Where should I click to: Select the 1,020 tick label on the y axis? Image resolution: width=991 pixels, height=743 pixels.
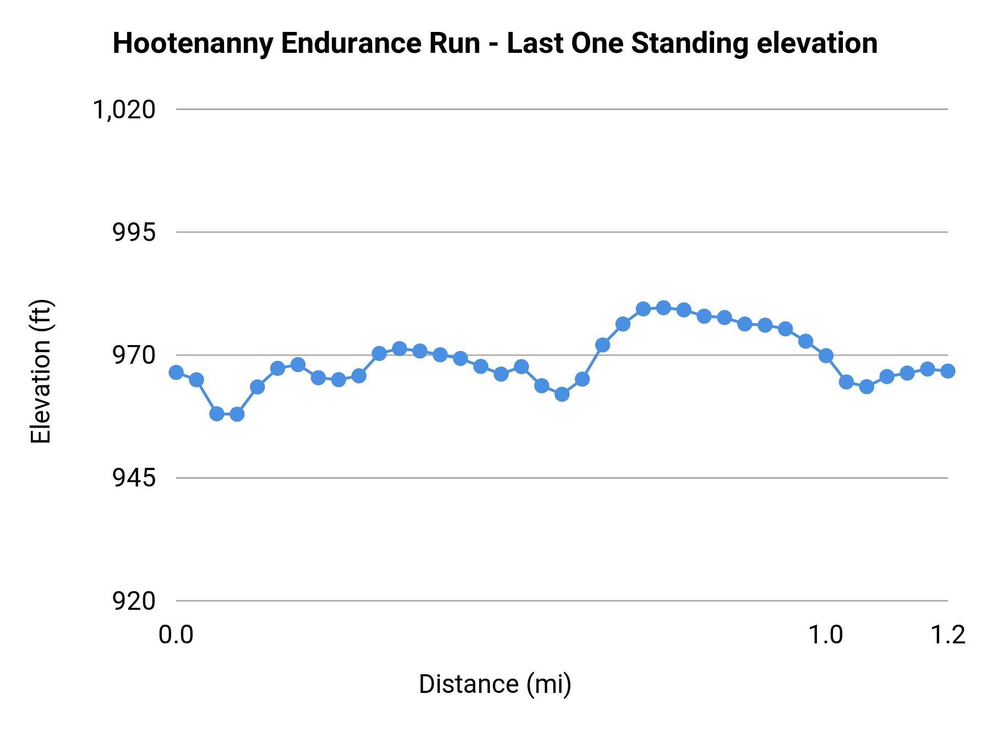click(124, 110)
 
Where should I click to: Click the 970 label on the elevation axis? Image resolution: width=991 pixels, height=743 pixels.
click(134, 356)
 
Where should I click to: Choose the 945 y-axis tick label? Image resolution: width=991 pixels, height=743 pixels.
click(134, 478)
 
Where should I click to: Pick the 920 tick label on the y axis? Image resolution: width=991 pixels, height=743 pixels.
click(134, 601)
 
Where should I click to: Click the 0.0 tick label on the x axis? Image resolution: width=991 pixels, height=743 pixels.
click(176, 635)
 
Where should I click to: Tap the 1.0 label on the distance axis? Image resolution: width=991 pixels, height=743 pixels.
click(825, 635)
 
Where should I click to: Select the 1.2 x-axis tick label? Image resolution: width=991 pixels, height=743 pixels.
click(948, 635)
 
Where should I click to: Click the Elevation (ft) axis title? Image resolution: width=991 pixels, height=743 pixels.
click(41, 371)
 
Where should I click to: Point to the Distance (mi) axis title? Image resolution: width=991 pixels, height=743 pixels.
click(495, 685)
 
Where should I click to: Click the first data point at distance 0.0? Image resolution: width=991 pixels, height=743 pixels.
click(176, 373)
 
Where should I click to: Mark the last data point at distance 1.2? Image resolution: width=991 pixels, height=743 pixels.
click(948, 371)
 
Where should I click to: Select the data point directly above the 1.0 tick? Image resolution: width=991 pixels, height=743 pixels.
click(826, 356)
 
